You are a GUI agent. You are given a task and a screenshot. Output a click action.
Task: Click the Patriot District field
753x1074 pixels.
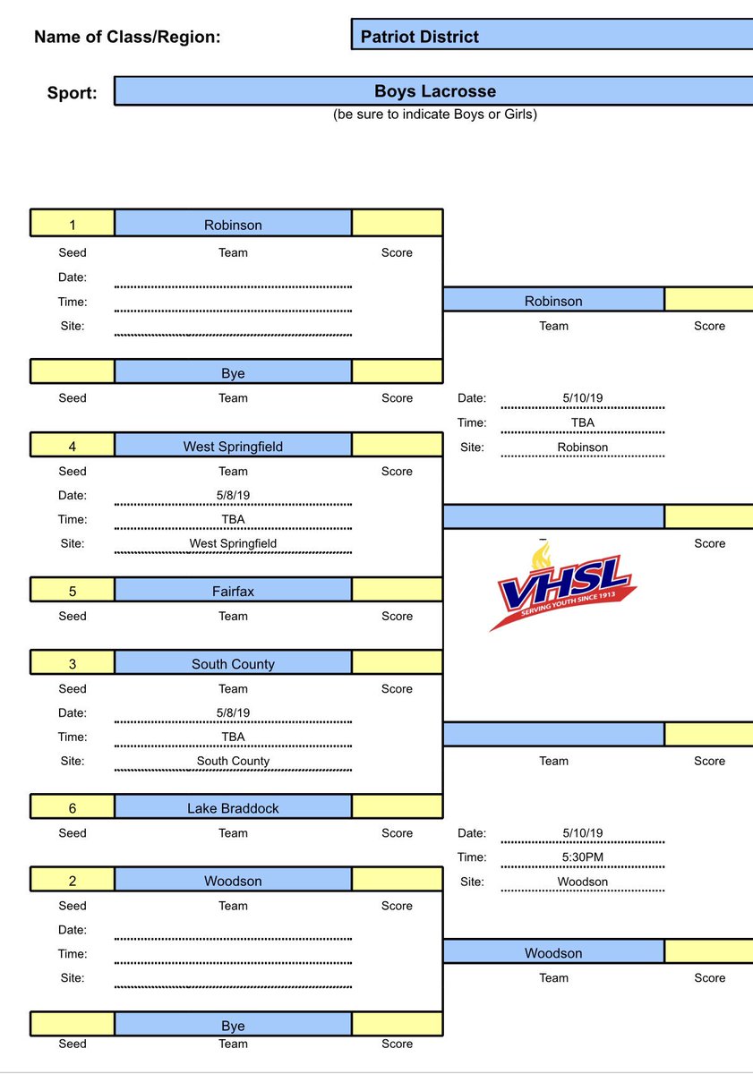(x=552, y=37)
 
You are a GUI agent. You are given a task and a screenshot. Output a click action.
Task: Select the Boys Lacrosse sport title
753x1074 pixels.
(x=434, y=91)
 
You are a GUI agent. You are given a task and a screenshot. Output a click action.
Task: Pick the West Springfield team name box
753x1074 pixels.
(x=233, y=446)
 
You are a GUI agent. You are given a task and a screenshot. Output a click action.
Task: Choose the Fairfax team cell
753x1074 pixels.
(x=233, y=591)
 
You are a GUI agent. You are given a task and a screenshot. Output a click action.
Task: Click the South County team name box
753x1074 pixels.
(x=233, y=664)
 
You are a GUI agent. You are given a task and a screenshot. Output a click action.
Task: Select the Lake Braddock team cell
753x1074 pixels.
(x=233, y=808)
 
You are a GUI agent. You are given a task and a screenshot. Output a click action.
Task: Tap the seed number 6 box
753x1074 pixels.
(x=73, y=808)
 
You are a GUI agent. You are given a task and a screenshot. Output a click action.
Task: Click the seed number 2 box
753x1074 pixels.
(x=73, y=882)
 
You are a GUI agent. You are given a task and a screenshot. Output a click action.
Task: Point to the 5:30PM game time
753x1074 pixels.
(x=582, y=857)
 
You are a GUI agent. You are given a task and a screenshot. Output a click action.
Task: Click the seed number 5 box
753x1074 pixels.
(x=73, y=591)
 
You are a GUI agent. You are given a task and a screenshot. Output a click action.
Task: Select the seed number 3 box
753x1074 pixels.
(x=73, y=664)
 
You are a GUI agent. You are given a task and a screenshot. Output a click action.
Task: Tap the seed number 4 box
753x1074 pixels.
(x=73, y=446)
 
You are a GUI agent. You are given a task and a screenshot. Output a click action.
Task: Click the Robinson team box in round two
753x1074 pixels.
(x=553, y=302)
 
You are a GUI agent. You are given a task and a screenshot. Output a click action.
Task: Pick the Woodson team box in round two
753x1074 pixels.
(x=553, y=953)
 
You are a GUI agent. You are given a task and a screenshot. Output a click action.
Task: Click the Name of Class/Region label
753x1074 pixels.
(x=127, y=38)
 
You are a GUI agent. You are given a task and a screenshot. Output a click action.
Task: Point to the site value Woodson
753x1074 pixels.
(x=582, y=882)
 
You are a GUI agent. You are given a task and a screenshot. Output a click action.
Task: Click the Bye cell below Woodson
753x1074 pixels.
(x=233, y=1026)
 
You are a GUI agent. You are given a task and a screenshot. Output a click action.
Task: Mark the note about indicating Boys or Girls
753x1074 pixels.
(x=434, y=115)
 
